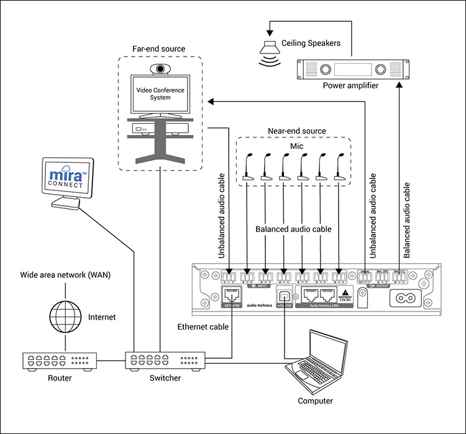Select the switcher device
click(x=164, y=361)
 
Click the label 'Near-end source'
click(x=296, y=131)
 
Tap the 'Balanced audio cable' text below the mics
click(x=294, y=229)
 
